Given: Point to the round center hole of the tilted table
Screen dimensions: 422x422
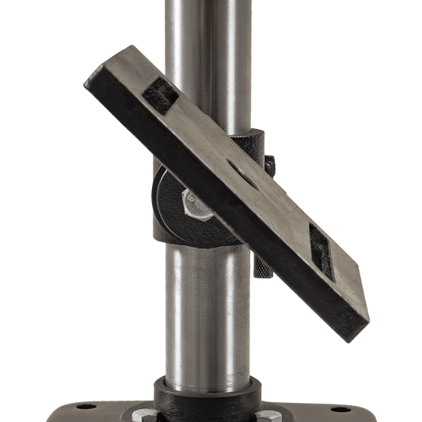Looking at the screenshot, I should click(x=241, y=168).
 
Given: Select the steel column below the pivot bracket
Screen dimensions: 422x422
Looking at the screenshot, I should click(x=207, y=317).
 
